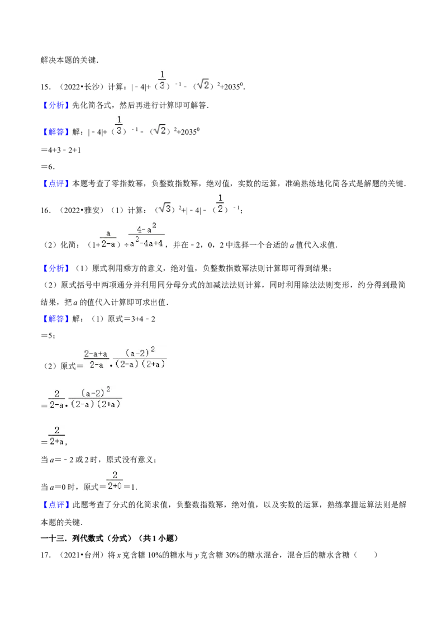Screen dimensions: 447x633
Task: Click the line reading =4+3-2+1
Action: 61,150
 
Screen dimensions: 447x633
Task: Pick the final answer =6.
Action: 47,167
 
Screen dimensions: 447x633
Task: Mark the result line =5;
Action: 48,336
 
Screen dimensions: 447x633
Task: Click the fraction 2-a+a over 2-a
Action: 96,360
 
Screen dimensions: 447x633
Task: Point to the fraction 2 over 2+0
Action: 115,480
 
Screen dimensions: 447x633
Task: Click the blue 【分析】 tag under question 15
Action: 56,105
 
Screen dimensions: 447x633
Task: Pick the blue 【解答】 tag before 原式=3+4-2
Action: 56,319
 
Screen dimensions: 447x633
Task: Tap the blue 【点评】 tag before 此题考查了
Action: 56,504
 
